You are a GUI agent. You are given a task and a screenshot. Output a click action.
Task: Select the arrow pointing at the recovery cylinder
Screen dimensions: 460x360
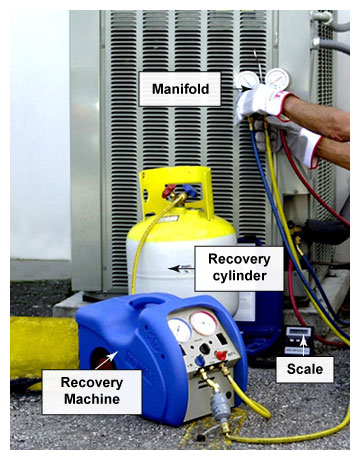(x=179, y=268)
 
